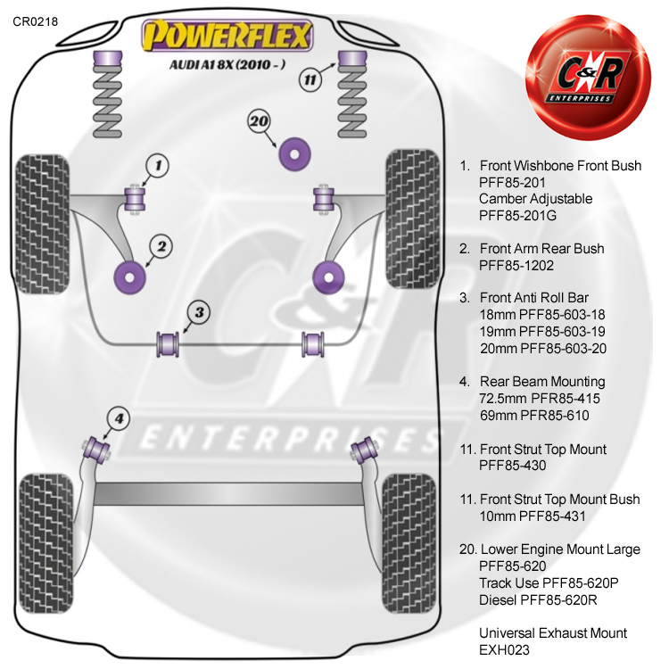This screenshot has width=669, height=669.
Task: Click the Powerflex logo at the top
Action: click(x=228, y=37)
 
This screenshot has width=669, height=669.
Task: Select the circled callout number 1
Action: click(x=157, y=165)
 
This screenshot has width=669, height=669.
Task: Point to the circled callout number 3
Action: click(x=199, y=312)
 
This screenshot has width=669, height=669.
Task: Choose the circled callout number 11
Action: click(x=309, y=79)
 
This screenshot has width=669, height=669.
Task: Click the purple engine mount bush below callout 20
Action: click(x=295, y=152)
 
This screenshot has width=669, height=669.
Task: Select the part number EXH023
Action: click(x=505, y=650)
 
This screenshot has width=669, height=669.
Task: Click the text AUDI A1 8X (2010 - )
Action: click(x=227, y=64)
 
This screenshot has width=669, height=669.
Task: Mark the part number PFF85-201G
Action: click(x=523, y=215)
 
